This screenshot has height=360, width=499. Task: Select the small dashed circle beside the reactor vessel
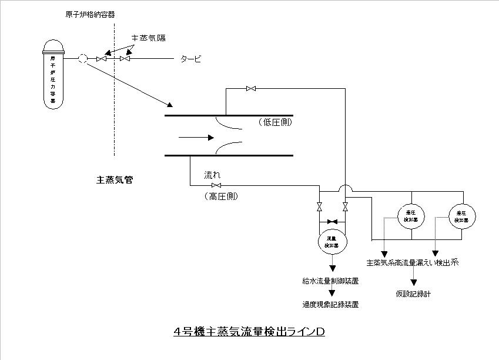(83, 58)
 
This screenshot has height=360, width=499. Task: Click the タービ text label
(190, 58)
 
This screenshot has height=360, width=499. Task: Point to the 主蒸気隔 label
(148, 38)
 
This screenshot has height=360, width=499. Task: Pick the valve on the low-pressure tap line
(251, 89)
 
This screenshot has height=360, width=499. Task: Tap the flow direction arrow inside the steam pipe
(196, 138)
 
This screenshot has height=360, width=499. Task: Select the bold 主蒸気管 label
(115, 179)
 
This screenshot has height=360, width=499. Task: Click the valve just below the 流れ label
(216, 186)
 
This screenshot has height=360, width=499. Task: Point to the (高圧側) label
(222, 196)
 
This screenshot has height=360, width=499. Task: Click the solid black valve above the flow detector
(332, 221)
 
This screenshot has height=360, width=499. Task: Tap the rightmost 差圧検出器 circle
(463, 216)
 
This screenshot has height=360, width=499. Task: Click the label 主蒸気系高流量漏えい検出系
(411, 263)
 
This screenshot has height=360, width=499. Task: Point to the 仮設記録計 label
(413, 293)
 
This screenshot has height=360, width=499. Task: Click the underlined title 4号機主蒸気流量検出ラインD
(249, 331)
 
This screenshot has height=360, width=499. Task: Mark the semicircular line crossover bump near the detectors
(345, 188)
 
